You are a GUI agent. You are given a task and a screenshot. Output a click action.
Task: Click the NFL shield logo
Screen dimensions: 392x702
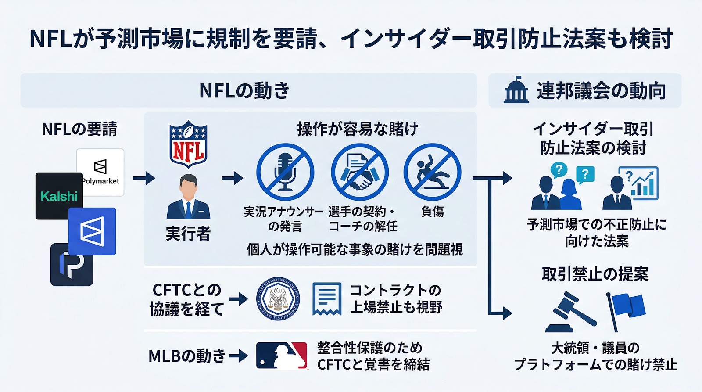(x=188, y=144)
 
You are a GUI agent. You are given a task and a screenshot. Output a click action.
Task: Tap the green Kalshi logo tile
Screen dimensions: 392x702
(x=59, y=196)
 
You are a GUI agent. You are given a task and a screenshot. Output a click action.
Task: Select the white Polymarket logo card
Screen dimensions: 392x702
(x=100, y=172)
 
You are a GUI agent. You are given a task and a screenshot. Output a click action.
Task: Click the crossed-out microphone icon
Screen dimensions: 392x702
(x=285, y=172)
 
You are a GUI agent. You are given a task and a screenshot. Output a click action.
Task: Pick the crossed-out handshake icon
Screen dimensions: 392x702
(x=359, y=172)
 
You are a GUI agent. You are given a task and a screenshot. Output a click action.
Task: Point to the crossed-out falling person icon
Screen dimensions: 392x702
(x=432, y=172)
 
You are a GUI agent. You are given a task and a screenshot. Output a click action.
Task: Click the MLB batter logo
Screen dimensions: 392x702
(x=282, y=356)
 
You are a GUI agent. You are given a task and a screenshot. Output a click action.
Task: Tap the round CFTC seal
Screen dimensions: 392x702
(x=278, y=298)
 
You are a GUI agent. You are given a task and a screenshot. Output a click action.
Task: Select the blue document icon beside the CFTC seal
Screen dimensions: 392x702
(x=327, y=298)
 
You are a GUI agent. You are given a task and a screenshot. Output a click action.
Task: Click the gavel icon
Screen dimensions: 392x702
(x=570, y=313)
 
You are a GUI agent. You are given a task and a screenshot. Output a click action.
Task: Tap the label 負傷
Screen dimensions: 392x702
(x=433, y=212)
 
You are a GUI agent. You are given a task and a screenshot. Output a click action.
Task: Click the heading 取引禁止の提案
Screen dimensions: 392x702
(x=595, y=274)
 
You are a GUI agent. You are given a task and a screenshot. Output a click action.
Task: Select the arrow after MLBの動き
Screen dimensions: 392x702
(x=238, y=356)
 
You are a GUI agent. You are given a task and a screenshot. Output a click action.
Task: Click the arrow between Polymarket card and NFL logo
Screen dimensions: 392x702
(x=144, y=178)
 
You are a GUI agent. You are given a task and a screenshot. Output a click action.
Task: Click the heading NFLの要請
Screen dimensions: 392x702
(x=79, y=129)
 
